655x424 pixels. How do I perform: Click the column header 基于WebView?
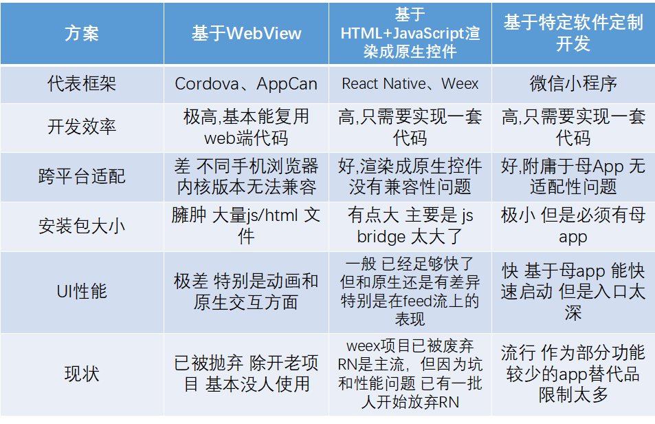247,34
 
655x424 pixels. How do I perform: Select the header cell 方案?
82,34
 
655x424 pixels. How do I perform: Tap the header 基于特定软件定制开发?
573,32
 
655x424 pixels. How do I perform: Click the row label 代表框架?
82,84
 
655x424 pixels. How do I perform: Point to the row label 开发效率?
82,127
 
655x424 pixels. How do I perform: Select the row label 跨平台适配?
82,176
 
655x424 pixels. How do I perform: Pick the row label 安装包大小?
82,226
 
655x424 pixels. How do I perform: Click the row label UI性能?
82,291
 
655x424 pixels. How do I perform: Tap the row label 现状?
82,374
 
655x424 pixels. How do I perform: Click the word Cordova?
207,84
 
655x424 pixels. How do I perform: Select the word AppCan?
287,84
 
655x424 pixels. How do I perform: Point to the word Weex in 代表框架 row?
460,83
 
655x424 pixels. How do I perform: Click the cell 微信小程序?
573,83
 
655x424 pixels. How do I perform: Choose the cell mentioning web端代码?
246,127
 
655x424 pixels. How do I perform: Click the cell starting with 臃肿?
246,226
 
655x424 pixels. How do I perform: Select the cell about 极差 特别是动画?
246,291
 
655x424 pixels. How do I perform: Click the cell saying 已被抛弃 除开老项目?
246,374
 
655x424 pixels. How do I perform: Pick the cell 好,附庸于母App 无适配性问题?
573,176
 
